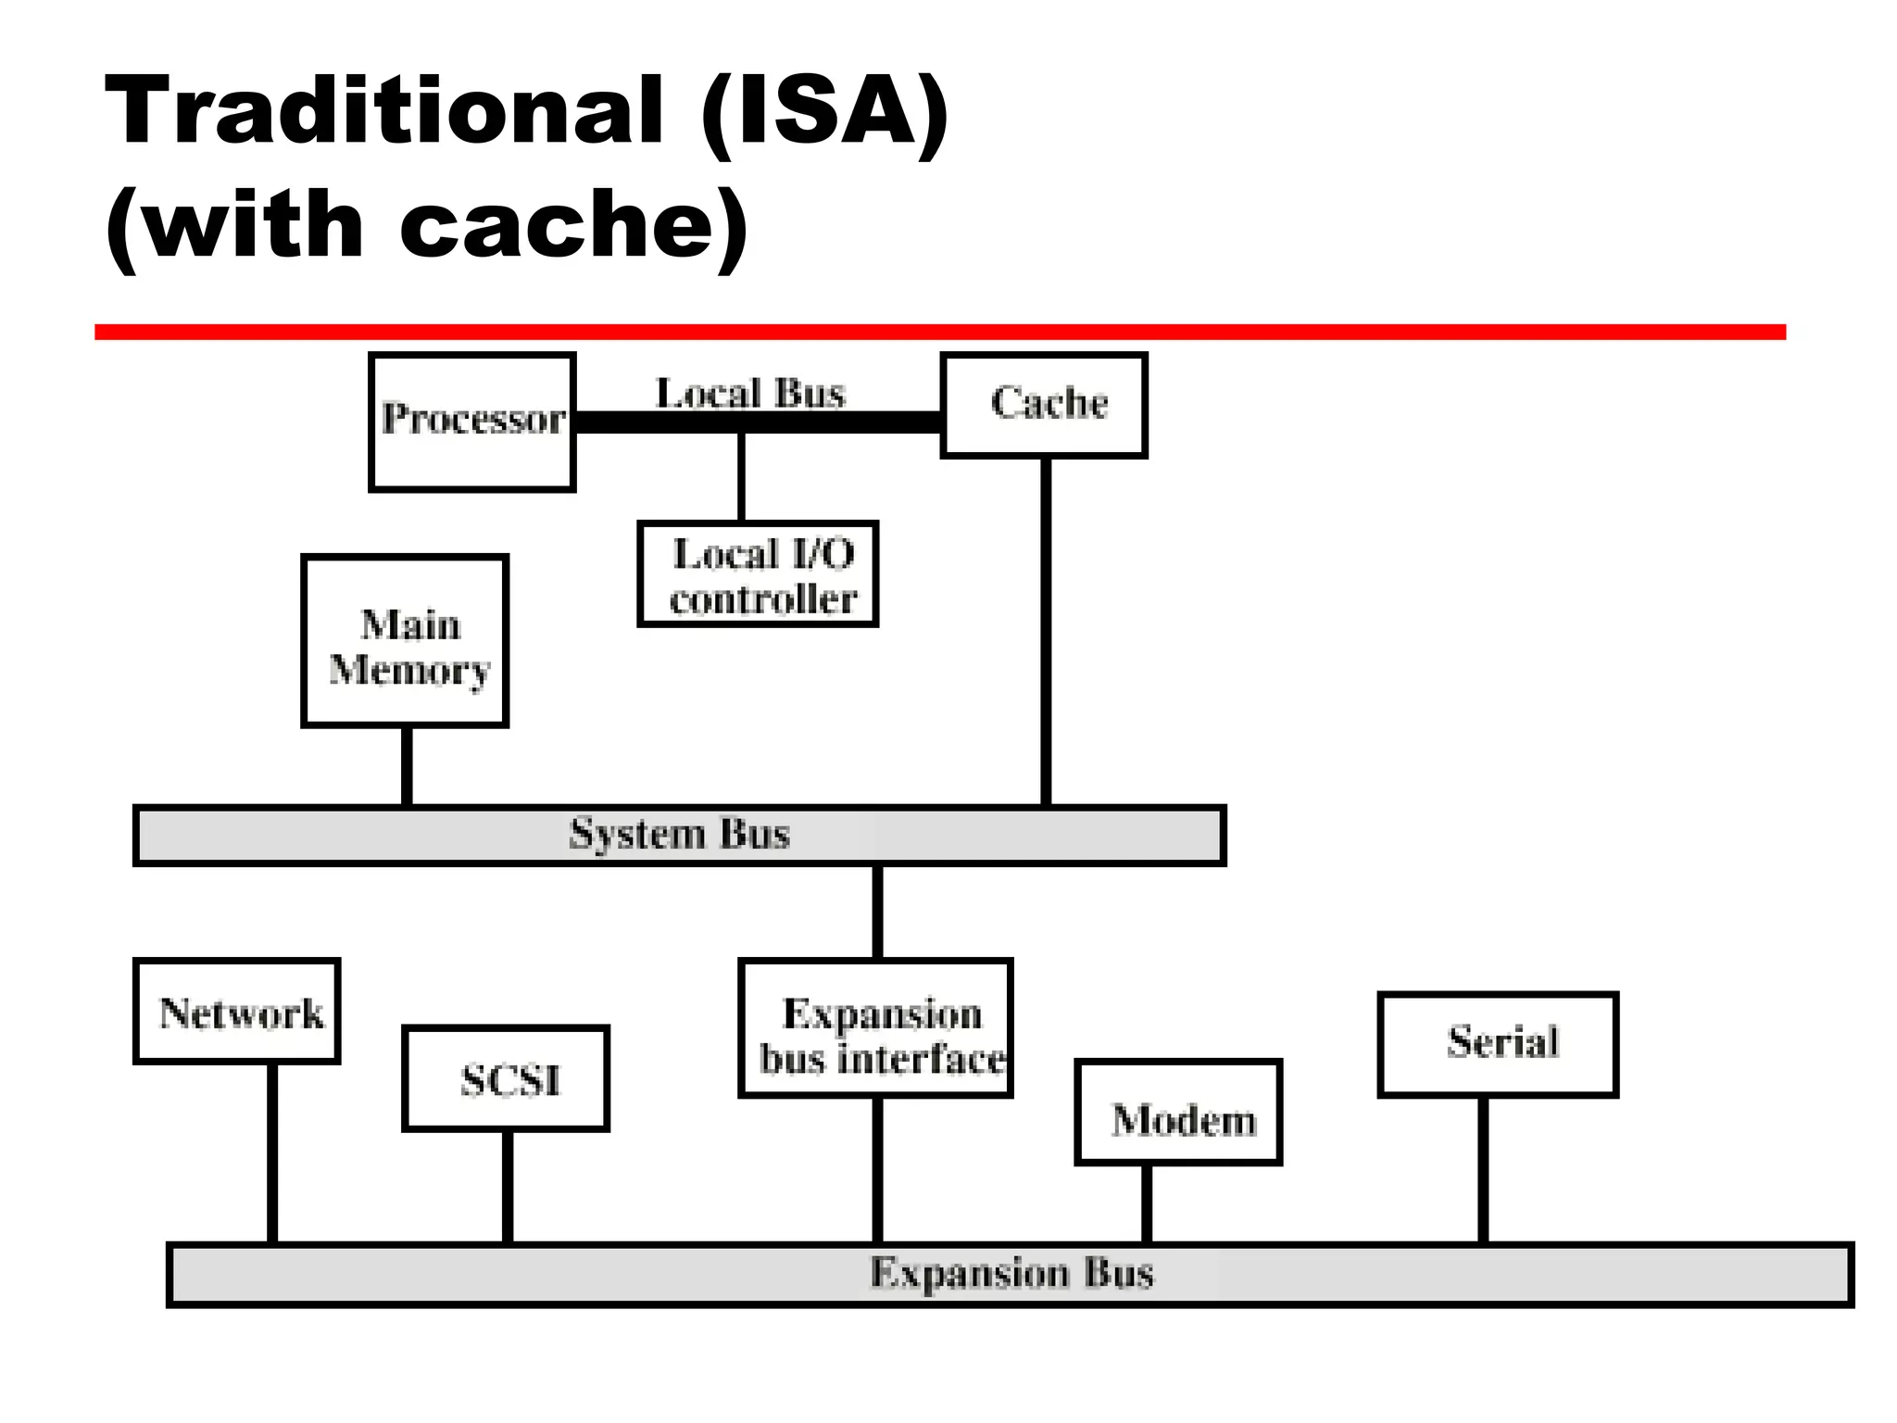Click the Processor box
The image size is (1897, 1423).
pyautogui.click(x=471, y=422)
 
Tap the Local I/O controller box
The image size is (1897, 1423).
pyautogui.click(x=758, y=574)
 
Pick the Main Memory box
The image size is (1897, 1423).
pyautogui.click(x=405, y=641)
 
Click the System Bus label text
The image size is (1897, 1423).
pyautogui.click(x=679, y=835)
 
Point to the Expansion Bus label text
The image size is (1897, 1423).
pyautogui.click(x=1011, y=1274)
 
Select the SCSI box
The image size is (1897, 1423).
pyautogui.click(x=506, y=1078)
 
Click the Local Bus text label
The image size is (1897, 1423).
pyautogui.click(x=750, y=394)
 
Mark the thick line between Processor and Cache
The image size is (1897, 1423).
pyautogui.click(x=834, y=422)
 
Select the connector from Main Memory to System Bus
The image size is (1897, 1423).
pyautogui.click(x=407, y=766)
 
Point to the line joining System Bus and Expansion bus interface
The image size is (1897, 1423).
pyautogui.click(x=877, y=912)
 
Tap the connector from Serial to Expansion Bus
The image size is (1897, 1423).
pyautogui.click(x=1483, y=1169)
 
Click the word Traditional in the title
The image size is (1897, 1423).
pyautogui.click(x=384, y=111)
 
